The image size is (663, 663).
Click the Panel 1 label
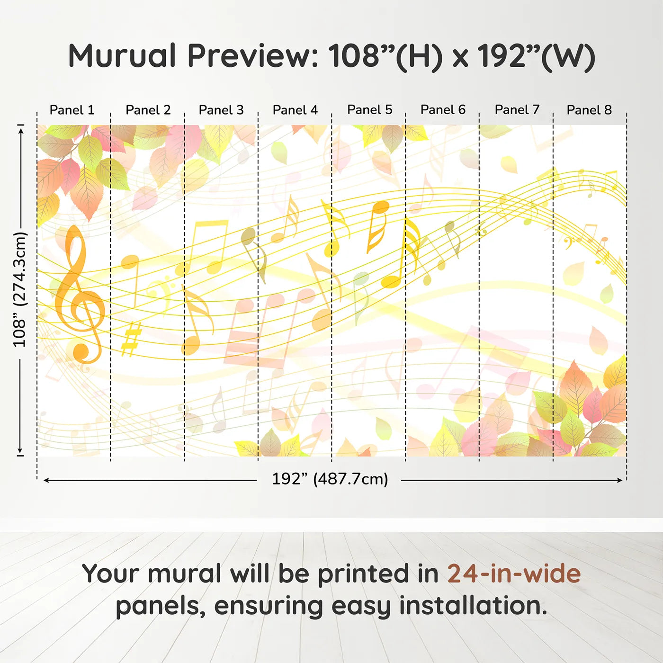[72, 110]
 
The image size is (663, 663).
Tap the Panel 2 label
[148, 110]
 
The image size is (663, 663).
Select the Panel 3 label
[221, 110]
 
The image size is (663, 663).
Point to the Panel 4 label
[295, 110]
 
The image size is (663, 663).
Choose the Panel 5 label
[369, 110]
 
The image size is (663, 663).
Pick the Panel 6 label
[443, 110]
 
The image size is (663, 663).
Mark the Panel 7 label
[517, 110]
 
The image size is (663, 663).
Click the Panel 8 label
[589, 110]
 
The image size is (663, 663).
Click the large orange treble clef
[78, 294]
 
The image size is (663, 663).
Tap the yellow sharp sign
[131, 339]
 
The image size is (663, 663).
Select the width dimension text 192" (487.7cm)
[330, 479]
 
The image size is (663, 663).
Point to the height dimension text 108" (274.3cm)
[20, 289]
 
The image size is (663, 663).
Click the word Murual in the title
[122, 56]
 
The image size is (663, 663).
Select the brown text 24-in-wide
[514, 573]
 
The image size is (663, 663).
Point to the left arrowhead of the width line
[46, 480]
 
